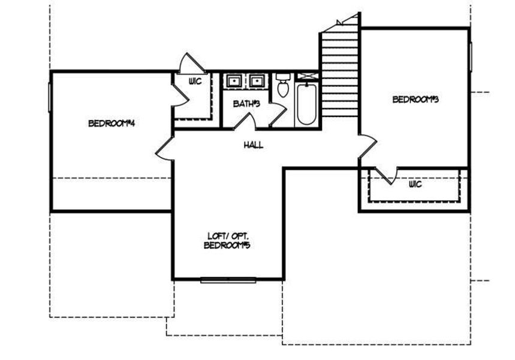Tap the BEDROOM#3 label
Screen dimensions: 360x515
(x=416, y=100)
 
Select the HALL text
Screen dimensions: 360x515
(x=254, y=145)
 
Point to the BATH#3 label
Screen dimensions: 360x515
(x=246, y=104)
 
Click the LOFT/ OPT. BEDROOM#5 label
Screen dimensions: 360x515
(x=227, y=241)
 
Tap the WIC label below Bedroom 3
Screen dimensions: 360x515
(x=415, y=184)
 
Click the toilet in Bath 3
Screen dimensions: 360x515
(x=283, y=85)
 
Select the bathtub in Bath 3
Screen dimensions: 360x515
(x=306, y=105)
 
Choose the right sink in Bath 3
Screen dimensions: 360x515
(x=258, y=81)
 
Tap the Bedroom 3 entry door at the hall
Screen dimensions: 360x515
(x=368, y=147)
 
